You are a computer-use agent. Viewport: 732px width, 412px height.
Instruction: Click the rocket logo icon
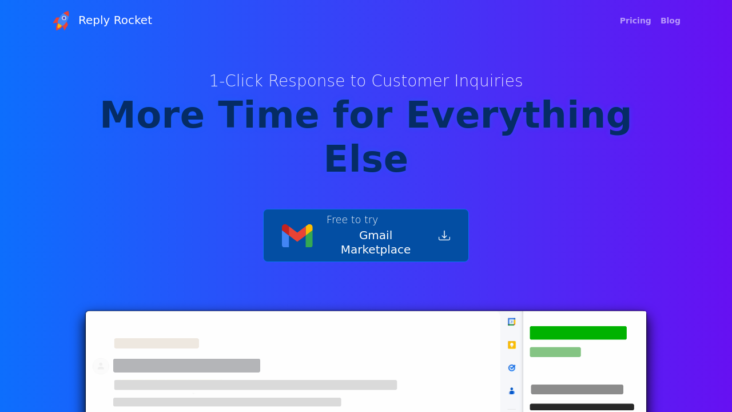click(x=61, y=21)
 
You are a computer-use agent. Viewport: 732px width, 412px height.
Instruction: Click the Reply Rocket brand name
click(x=115, y=20)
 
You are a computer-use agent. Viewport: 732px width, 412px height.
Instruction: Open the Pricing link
click(x=635, y=21)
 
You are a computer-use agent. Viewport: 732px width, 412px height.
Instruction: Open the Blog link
click(x=670, y=21)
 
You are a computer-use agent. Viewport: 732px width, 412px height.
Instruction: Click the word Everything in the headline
click(x=519, y=115)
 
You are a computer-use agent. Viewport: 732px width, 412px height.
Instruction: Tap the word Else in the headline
click(x=366, y=159)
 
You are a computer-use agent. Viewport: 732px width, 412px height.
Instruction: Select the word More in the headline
click(x=152, y=115)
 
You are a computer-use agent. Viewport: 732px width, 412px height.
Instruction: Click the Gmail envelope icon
click(x=297, y=236)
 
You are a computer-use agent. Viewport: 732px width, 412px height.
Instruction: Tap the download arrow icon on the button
click(x=444, y=236)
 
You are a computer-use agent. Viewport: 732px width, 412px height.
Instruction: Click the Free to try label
click(x=352, y=220)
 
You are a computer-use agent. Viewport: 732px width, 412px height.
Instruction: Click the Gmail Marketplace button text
click(x=376, y=243)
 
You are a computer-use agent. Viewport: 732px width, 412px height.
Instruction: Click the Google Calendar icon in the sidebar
click(x=512, y=322)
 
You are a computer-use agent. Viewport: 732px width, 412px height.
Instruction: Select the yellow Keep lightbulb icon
click(x=512, y=345)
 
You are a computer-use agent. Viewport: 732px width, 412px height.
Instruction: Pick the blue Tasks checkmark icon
click(x=512, y=368)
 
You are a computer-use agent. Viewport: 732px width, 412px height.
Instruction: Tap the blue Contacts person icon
click(x=512, y=391)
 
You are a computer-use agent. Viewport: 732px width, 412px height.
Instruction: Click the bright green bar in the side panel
click(x=578, y=333)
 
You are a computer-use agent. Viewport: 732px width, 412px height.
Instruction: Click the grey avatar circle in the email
click(x=101, y=366)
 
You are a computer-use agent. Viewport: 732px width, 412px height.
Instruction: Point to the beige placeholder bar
click(x=157, y=343)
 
